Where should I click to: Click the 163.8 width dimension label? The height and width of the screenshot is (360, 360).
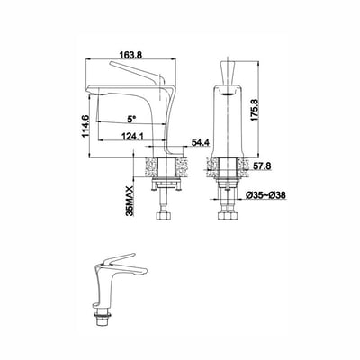[x=130, y=55]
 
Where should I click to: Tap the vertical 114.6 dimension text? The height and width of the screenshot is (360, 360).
[x=85, y=126]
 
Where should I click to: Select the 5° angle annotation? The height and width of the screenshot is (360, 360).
[x=131, y=119]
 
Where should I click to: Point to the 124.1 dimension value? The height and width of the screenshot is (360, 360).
[x=131, y=136]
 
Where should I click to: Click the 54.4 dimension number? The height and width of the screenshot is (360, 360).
[x=201, y=143]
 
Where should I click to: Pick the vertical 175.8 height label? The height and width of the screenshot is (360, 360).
[x=255, y=110]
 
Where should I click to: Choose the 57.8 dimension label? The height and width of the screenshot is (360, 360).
[x=262, y=165]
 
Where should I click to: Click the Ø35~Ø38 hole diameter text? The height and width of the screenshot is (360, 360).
[x=265, y=195]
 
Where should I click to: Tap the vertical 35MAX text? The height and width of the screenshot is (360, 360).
[x=130, y=201]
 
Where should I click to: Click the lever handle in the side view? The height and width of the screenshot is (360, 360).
[x=137, y=73]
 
